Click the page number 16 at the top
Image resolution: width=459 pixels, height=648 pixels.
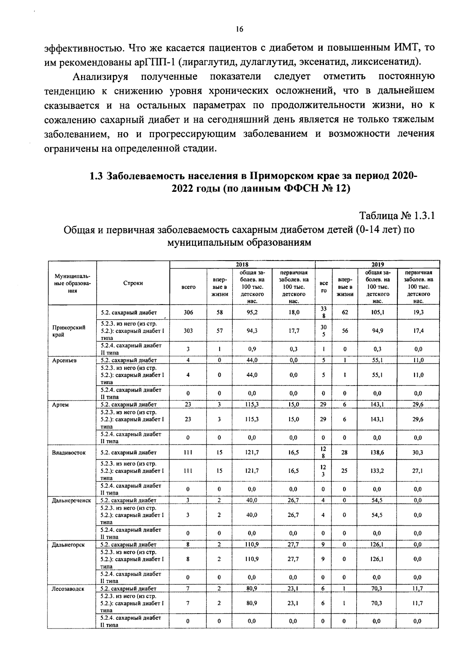tap(239, 29)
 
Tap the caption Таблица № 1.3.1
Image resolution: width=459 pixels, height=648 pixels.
tap(397, 216)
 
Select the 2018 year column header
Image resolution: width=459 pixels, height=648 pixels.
tap(242, 264)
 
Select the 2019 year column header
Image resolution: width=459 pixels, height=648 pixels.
tap(378, 264)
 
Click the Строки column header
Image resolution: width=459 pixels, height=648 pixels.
tap(133, 283)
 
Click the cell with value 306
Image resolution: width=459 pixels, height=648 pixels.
tap(188, 312)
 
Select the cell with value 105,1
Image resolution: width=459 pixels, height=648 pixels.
tap(378, 312)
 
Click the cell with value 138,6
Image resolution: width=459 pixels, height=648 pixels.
tap(378, 452)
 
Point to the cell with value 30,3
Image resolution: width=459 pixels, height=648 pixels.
tap(417, 452)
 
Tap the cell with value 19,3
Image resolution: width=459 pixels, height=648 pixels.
tap(418, 312)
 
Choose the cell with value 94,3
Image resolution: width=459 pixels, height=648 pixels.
tap(252, 331)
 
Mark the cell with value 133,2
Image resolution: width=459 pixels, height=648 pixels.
tap(378, 471)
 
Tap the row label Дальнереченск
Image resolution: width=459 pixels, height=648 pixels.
tap(71, 500)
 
